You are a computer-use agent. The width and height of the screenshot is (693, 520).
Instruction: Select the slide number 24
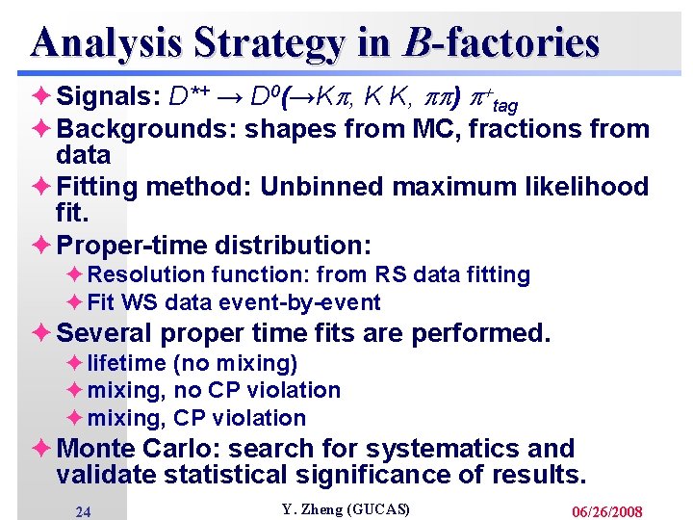point(83,512)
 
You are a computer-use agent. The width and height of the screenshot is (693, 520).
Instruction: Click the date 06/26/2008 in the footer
point(606,511)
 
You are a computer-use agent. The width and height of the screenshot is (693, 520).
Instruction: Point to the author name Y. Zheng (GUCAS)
point(346,508)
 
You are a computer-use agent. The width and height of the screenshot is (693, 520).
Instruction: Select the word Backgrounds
point(144,129)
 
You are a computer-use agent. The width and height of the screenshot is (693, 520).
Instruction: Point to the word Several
point(105,333)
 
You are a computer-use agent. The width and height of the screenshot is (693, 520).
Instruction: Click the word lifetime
point(126,363)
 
